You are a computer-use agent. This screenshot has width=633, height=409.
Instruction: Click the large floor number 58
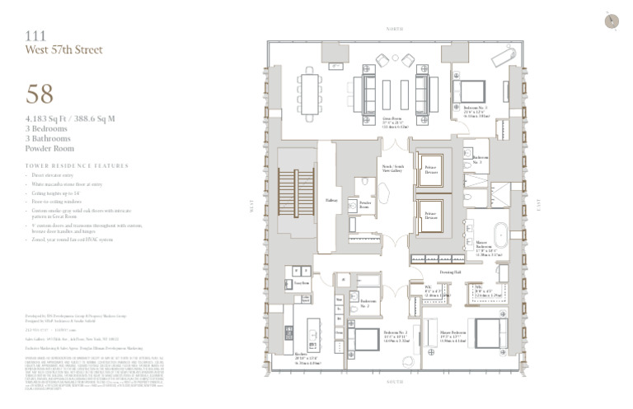tap(40, 94)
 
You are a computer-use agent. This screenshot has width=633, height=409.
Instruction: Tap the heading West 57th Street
tap(64, 50)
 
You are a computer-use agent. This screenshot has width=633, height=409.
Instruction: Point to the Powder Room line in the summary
tap(49, 149)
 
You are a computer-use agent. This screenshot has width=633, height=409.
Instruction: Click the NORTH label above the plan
tap(395, 29)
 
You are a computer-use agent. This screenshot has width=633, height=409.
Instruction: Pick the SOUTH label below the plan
tap(395, 382)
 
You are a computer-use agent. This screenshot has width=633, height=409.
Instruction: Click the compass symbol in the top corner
tap(611, 22)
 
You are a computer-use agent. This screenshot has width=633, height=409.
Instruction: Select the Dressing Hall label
tap(450, 271)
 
